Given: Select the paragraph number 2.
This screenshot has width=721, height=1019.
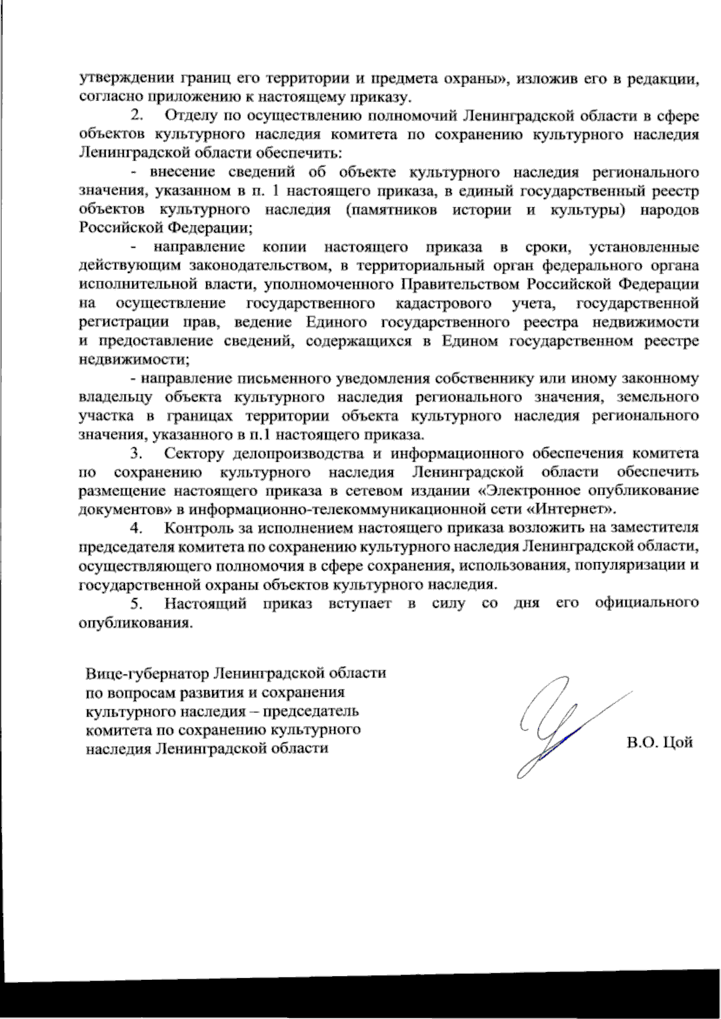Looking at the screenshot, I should click(136, 115).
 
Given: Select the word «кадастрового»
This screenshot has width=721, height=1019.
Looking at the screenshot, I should click(443, 304).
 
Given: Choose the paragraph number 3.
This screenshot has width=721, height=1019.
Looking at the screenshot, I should click(136, 453).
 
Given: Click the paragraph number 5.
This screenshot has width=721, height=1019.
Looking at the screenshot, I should click(136, 604).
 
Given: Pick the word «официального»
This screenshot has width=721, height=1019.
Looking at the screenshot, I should click(646, 604).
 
